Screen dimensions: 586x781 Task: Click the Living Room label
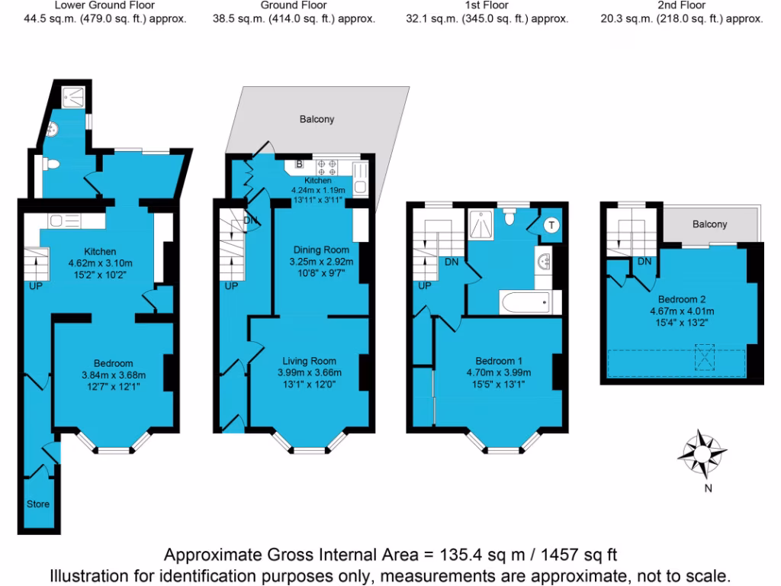[310, 361]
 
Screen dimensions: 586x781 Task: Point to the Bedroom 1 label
[500, 361]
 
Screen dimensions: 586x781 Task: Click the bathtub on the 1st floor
[524, 302]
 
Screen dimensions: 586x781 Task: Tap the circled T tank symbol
[551, 225]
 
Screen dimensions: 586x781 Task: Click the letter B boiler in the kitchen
[299, 163]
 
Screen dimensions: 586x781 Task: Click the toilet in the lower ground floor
[50, 164]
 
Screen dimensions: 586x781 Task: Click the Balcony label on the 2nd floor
[709, 224]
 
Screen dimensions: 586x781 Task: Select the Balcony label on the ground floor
[317, 120]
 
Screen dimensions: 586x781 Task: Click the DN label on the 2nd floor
[644, 262]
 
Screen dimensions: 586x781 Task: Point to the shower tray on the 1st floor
[482, 223]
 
